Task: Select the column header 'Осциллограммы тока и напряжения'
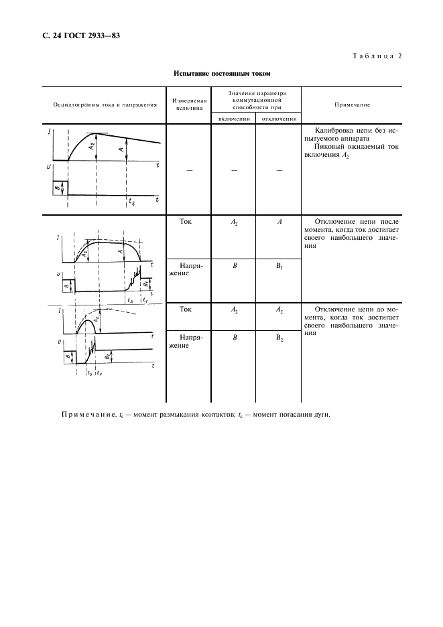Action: click(101, 104)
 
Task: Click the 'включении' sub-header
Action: click(233, 119)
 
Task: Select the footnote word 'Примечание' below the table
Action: click(88, 413)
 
